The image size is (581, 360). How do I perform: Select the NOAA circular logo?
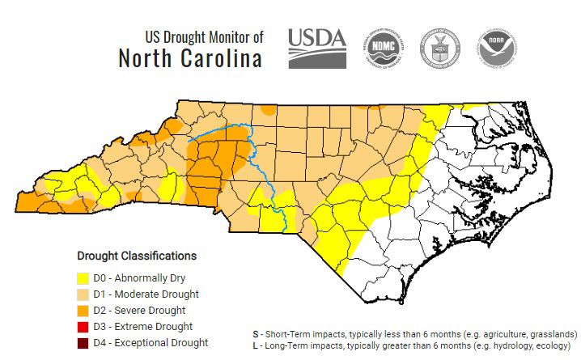pyautogui.click(x=496, y=48)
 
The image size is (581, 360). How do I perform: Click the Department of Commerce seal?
pyautogui.click(x=438, y=48)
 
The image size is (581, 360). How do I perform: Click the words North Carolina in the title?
pyautogui.click(x=190, y=59)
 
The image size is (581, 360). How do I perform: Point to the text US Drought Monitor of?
pyautogui.click(x=204, y=37)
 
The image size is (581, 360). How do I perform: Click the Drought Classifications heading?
pyautogui.click(x=137, y=256)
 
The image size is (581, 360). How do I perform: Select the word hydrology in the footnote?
pyautogui.click(x=524, y=345)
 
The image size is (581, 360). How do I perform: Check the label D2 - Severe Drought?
pyautogui.click(x=140, y=311)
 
